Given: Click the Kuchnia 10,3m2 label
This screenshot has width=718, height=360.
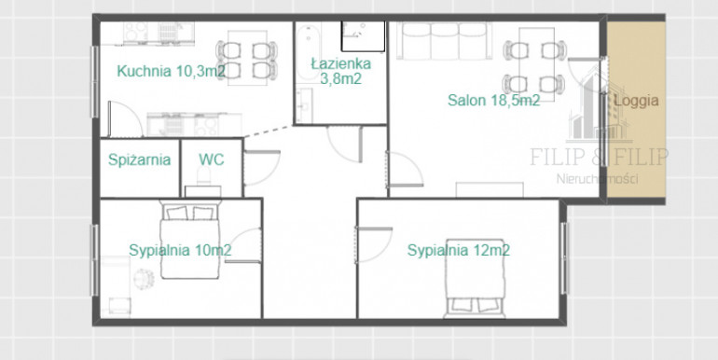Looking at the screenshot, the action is [171, 71].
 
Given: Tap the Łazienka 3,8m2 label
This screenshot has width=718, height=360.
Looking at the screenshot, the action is [340, 71].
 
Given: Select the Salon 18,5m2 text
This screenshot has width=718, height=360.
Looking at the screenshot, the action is [493, 101].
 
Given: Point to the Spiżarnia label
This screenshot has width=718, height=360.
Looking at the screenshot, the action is [139, 159].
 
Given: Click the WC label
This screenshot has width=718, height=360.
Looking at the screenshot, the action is [211, 159].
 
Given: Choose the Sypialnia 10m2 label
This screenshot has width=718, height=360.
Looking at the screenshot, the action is [180, 251].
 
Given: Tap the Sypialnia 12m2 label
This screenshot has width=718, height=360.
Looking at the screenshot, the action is [459, 251].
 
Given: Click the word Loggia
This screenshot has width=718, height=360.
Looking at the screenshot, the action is [636, 102].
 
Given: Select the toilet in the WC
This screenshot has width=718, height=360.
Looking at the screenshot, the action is [203, 179].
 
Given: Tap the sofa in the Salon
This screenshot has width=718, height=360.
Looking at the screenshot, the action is [444, 41].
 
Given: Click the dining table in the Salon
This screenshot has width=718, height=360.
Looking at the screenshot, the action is [536, 64].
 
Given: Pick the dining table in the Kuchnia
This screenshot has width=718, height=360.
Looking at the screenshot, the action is [247, 58].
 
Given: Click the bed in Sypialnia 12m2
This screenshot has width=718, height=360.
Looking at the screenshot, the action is [474, 278].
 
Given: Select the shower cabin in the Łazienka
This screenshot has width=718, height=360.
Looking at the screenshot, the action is [363, 36].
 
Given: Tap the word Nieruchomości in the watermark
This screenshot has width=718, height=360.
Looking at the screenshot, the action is [597, 179].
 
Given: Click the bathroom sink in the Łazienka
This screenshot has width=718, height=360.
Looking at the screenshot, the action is [304, 105].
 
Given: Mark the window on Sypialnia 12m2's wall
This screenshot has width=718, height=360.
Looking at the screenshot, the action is [564, 258].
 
